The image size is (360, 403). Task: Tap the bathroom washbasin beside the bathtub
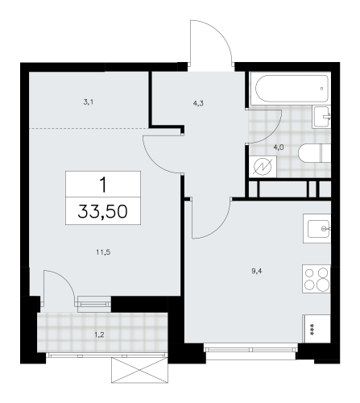(321, 117)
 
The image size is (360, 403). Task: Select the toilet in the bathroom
(314, 153)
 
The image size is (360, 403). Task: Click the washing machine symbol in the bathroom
(263, 167)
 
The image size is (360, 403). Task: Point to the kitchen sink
(317, 229)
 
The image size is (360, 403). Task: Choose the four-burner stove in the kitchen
(317, 279)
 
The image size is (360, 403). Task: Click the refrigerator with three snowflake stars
(317, 328)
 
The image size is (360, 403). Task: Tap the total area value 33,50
(102, 211)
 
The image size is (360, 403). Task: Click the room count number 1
(103, 185)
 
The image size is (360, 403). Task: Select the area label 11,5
(103, 252)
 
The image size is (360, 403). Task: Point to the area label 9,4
(257, 271)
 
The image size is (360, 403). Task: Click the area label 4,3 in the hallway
(198, 103)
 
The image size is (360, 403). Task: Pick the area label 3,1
(89, 102)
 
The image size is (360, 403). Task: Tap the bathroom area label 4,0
(279, 147)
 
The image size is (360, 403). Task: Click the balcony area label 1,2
(99, 334)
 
